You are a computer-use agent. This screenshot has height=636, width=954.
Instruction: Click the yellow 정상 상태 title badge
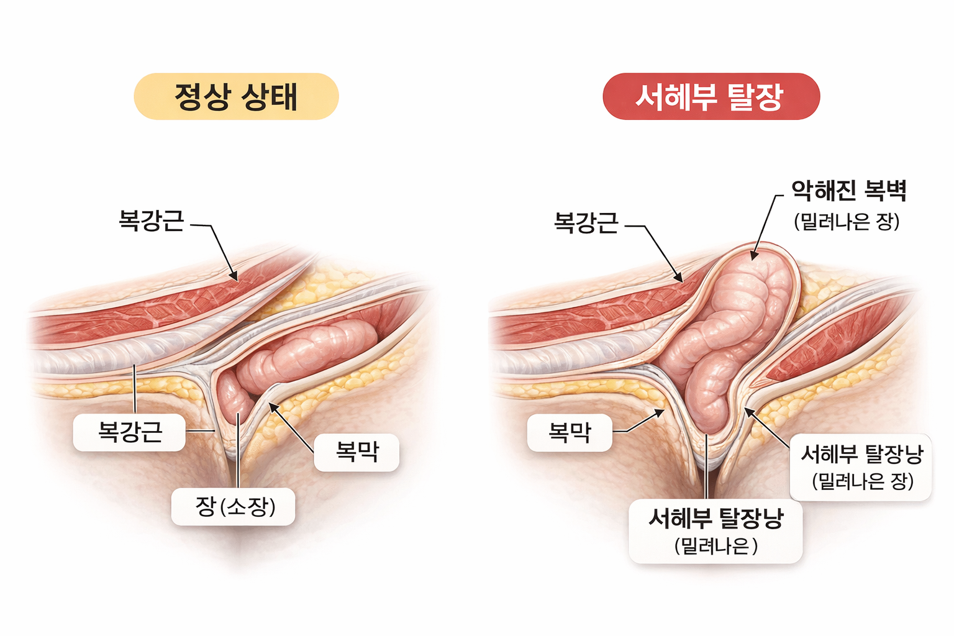point(236,96)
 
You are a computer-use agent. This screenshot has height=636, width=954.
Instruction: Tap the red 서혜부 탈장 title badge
point(711,96)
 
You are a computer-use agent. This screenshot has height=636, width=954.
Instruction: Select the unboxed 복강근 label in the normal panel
point(152,221)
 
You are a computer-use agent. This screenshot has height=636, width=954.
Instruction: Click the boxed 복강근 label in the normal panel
point(129,432)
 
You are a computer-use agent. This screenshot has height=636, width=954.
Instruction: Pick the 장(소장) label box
point(233,507)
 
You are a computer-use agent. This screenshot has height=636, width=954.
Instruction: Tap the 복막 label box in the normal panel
point(357,452)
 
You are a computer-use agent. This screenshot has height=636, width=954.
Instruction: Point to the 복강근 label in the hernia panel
point(586,222)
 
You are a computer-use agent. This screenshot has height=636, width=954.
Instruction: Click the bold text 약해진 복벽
point(848,191)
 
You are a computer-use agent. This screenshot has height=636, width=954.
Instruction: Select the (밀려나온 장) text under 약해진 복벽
point(847,222)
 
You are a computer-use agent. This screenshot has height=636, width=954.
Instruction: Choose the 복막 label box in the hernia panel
point(570,432)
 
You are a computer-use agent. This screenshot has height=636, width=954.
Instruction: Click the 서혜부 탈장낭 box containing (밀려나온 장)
point(861,467)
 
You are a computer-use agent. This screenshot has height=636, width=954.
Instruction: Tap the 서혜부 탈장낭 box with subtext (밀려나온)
point(715,531)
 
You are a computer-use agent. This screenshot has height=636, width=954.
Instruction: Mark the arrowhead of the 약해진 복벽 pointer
point(753,256)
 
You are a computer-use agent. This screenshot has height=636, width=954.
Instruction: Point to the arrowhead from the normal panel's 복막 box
point(271,405)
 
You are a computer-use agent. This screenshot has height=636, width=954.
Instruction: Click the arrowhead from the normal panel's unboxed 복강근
point(234,278)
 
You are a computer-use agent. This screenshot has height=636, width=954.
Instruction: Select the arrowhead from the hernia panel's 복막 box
point(661,411)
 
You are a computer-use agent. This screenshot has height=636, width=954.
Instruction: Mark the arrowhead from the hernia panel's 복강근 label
point(680,279)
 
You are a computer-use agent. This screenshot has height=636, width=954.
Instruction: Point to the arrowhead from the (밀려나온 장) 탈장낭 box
point(748,411)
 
